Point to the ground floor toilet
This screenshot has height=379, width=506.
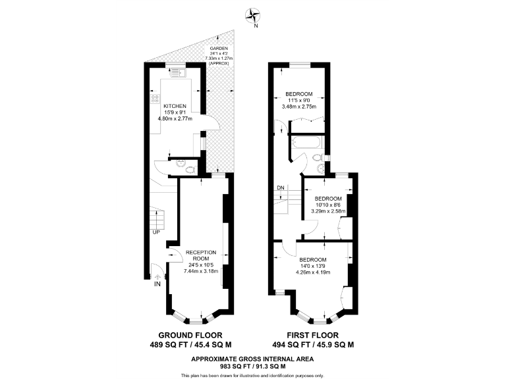pyautogui.click(x=190, y=169)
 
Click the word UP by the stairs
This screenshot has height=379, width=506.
pyautogui.click(x=156, y=232)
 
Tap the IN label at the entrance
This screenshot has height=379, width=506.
pyautogui.click(x=157, y=284)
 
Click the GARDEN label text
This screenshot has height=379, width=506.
pyautogui.click(x=219, y=48)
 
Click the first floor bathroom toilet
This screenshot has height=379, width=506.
pyautogui.click(x=317, y=158)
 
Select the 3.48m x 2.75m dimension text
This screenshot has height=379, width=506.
pyautogui.click(x=298, y=107)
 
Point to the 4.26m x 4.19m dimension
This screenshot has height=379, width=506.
pyautogui.click(x=313, y=271)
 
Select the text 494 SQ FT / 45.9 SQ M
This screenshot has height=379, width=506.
pyautogui.click(x=314, y=344)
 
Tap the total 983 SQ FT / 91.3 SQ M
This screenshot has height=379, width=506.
pyautogui.click(x=253, y=366)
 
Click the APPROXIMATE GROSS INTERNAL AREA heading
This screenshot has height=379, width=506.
pyautogui.click(x=253, y=359)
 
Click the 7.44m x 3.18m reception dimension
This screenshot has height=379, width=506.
pyautogui.click(x=201, y=271)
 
